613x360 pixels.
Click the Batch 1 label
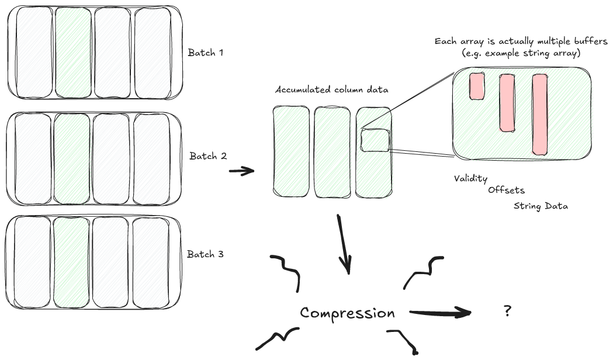206,53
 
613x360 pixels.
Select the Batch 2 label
207,156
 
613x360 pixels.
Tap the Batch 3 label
205,254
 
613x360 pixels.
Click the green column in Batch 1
73,51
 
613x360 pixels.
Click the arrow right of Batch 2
241,171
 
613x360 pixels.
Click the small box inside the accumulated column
375,141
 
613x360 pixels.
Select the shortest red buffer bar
477,86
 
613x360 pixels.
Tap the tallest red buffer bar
539,115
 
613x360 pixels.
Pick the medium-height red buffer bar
507,102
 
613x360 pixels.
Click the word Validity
470,178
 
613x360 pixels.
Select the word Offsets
506,190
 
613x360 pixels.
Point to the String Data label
541,206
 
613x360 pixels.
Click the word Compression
347,313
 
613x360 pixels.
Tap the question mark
507,311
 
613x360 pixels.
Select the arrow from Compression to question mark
440,313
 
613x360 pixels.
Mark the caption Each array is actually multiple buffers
522,42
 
